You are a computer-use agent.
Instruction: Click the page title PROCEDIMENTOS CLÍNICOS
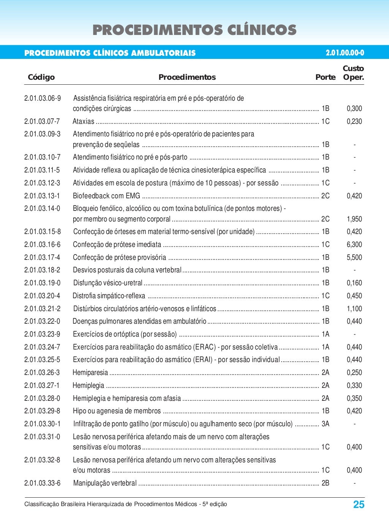(x=194, y=30)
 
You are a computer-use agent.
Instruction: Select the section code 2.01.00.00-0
(x=345, y=53)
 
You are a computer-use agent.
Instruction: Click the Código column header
(x=41, y=77)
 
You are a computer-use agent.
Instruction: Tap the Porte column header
(x=325, y=77)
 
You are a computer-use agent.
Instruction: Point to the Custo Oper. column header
(x=353, y=73)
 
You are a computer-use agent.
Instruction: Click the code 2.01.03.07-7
(x=42, y=122)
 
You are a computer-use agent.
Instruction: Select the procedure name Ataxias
(x=84, y=122)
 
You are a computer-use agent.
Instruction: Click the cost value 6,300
(x=354, y=245)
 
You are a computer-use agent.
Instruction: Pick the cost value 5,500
(x=354, y=258)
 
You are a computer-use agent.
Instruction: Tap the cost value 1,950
(x=354, y=219)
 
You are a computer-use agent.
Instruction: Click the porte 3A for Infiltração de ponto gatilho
(x=325, y=424)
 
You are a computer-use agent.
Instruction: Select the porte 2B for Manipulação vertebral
(x=325, y=483)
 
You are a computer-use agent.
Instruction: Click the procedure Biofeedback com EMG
(x=106, y=196)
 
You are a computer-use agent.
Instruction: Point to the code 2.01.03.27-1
(x=42, y=386)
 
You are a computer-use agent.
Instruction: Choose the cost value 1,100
(x=354, y=309)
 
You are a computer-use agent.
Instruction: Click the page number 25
(x=359, y=505)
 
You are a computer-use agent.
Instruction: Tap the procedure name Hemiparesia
(x=90, y=373)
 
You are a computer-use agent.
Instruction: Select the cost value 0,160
(x=354, y=283)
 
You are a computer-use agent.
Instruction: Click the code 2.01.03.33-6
(x=42, y=483)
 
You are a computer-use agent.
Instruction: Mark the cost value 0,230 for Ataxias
(x=354, y=122)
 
